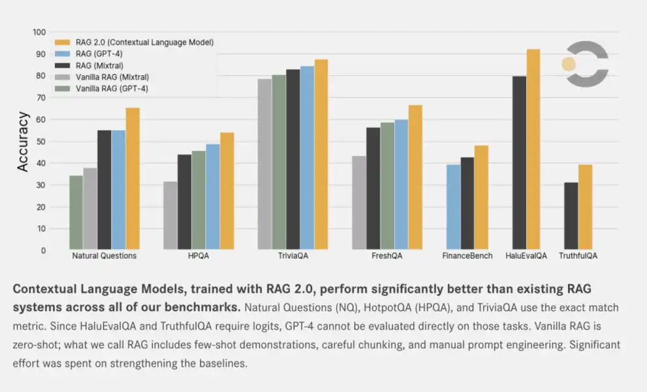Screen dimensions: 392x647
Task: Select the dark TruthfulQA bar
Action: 571,216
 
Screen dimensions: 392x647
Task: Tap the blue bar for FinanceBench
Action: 453,206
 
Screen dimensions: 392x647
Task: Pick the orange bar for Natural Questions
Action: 133,178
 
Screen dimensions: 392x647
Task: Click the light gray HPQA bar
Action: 170,215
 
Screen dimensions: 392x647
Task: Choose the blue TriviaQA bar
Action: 307,157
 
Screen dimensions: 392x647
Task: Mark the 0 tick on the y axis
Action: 43,250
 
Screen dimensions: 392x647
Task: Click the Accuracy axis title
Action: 23,141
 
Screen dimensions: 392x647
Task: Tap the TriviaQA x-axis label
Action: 292,256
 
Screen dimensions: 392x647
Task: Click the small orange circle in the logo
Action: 569,64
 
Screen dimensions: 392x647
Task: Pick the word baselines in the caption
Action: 219,363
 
